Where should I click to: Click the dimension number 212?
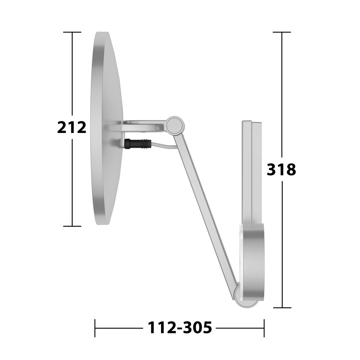pyautogui.click(x=72, y=127)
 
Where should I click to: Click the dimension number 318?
pyautogui.click(x=281, y=170)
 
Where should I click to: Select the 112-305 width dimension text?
pyautogui.click(x=179, y=328)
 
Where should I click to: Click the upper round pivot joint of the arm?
pyautogui.click(x=175, y=125)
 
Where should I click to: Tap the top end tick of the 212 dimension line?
pyautogui.click(x=72, y=32)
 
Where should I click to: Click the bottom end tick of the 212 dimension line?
pyautogui.click(x=72, y=226)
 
